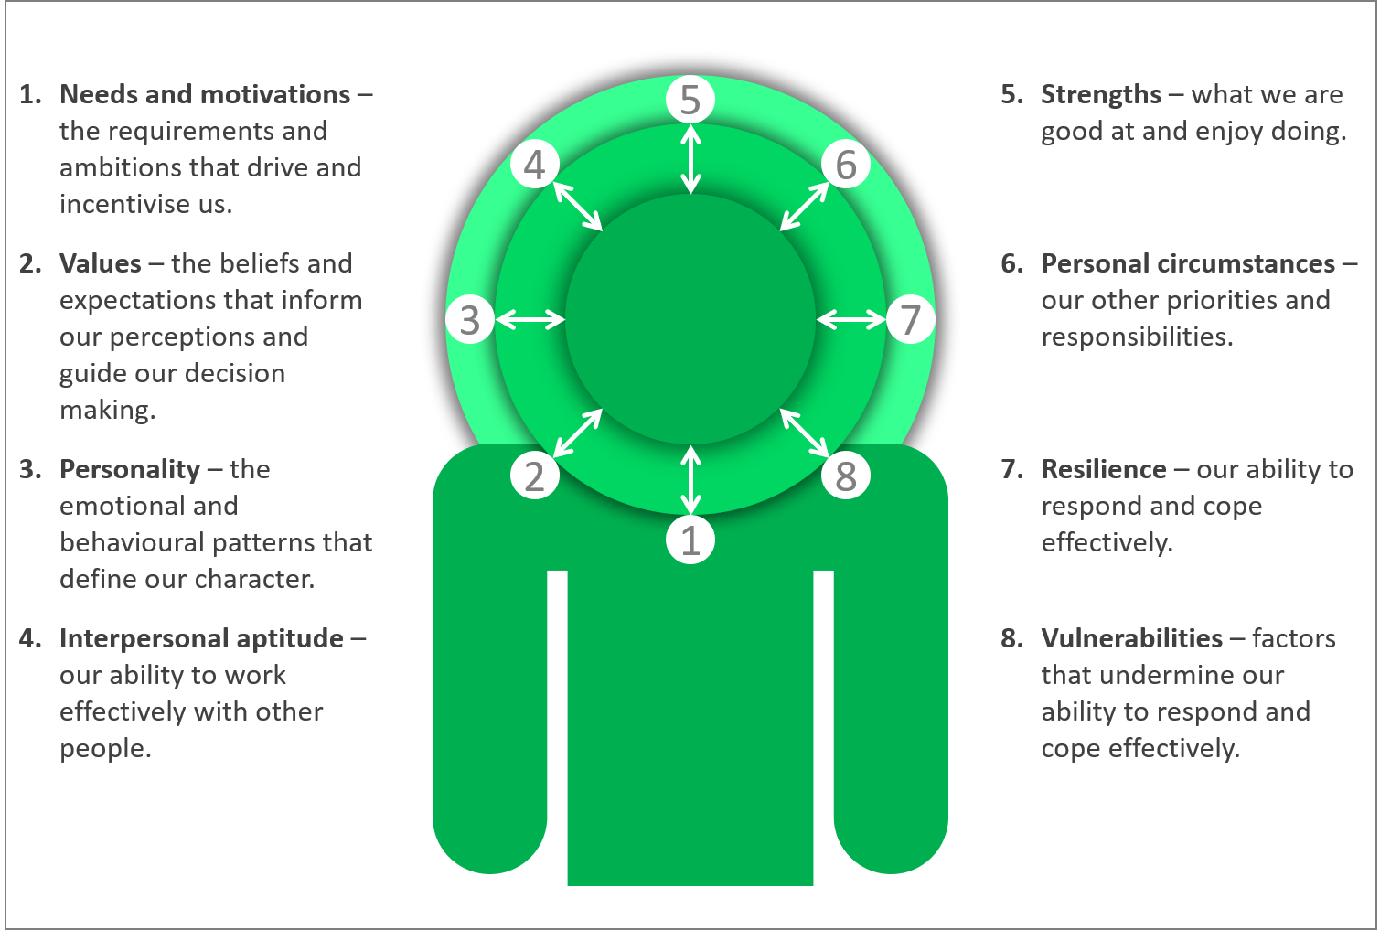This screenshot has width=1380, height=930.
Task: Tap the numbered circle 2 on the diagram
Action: (534, 476)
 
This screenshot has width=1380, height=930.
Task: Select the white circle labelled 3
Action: (470, 319)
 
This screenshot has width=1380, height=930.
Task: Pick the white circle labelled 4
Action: (534, 165)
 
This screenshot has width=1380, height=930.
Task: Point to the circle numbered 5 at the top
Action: (690, 100)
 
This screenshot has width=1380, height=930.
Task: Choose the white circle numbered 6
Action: (846, 165)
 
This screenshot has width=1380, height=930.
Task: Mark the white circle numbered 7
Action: (910, 319)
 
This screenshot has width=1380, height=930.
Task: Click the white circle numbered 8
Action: (846, 476)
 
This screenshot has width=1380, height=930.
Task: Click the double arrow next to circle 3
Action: (530, 319)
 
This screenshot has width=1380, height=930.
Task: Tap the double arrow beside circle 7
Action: (850, 319)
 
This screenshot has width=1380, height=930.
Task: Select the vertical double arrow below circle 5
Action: (690, 159)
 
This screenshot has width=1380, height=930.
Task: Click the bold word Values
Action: (101, 263)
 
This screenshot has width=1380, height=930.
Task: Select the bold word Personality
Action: (130, 469)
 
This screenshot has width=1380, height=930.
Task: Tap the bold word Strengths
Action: (1101, 94)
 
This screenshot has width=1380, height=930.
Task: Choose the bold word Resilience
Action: (1104, 469)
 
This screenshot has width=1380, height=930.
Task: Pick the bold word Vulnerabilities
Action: (1131, 638)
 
